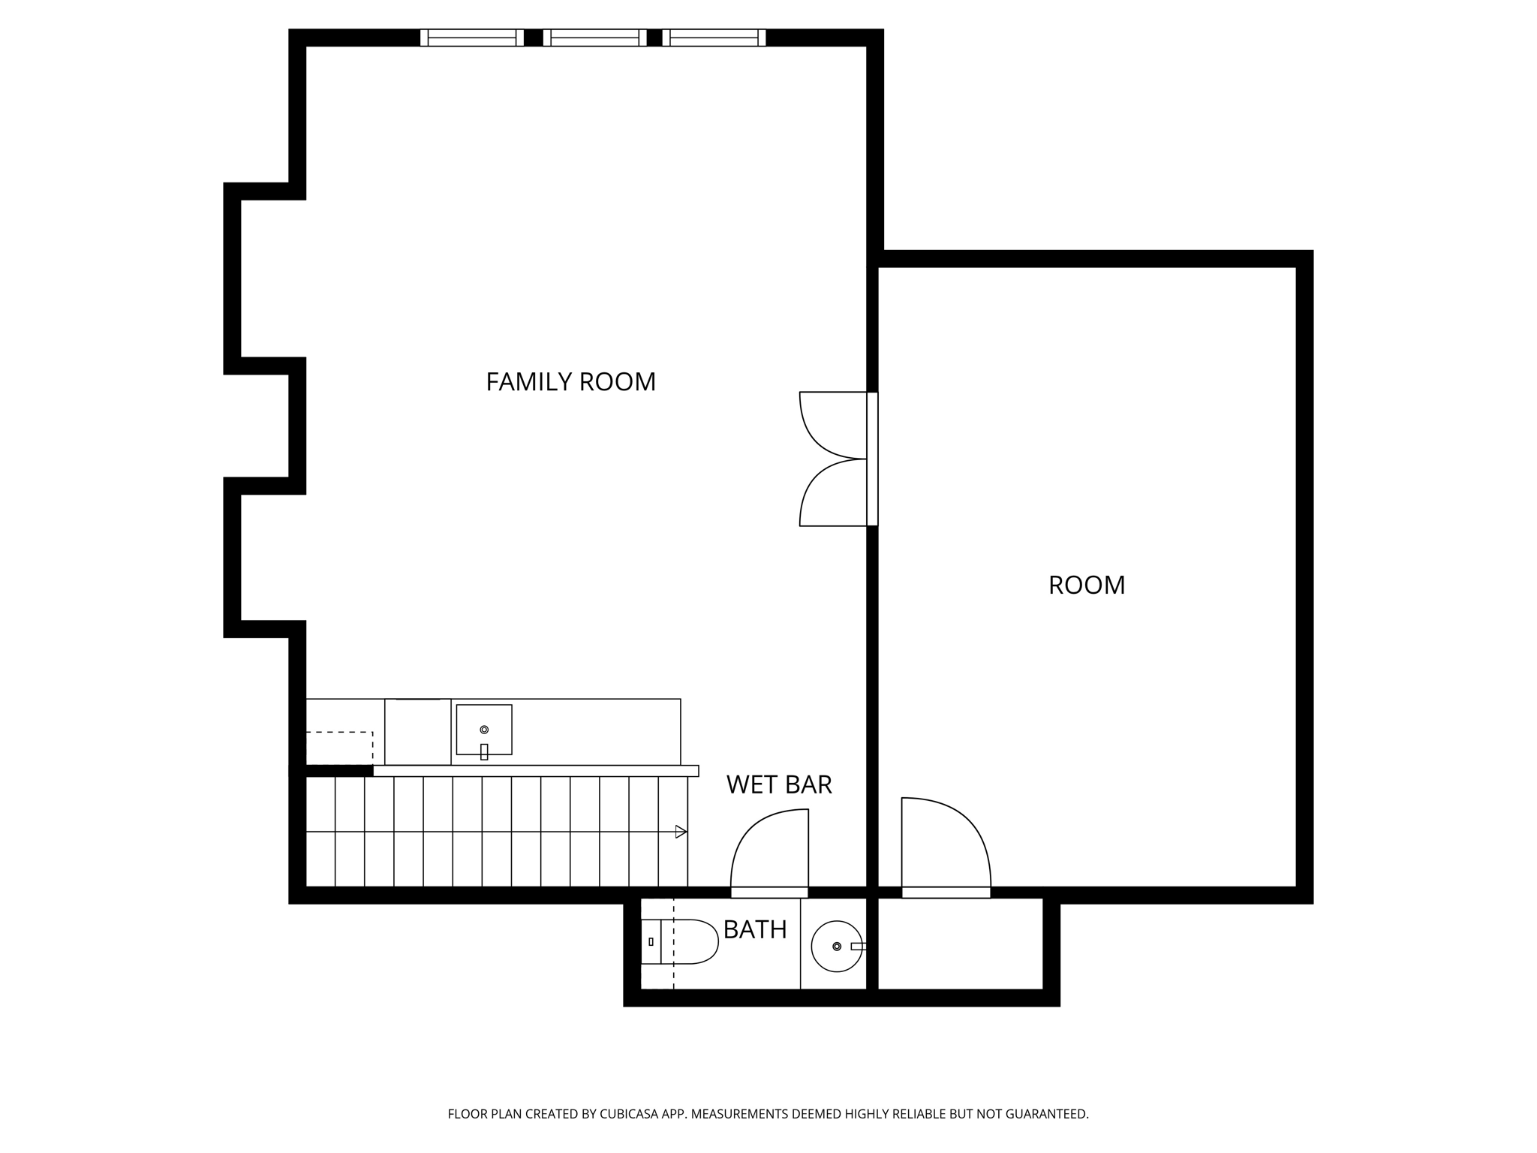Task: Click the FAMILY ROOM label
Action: (570, 382)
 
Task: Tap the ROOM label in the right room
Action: (1086, 585)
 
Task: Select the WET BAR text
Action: (779, 784)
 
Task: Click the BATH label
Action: (754, 930)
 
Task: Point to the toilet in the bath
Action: (681, 941)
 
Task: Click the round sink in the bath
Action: (836, 946)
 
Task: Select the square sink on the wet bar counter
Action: (484, 730)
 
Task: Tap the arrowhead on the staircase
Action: (681, 832)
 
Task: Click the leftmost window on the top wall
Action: (472, 38)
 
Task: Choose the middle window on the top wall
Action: (594, 38)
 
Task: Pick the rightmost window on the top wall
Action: (714, 38)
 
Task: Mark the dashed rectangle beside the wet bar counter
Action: (339, 748)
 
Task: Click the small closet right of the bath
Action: (960, 944)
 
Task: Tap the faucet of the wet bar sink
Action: (484, 751)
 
